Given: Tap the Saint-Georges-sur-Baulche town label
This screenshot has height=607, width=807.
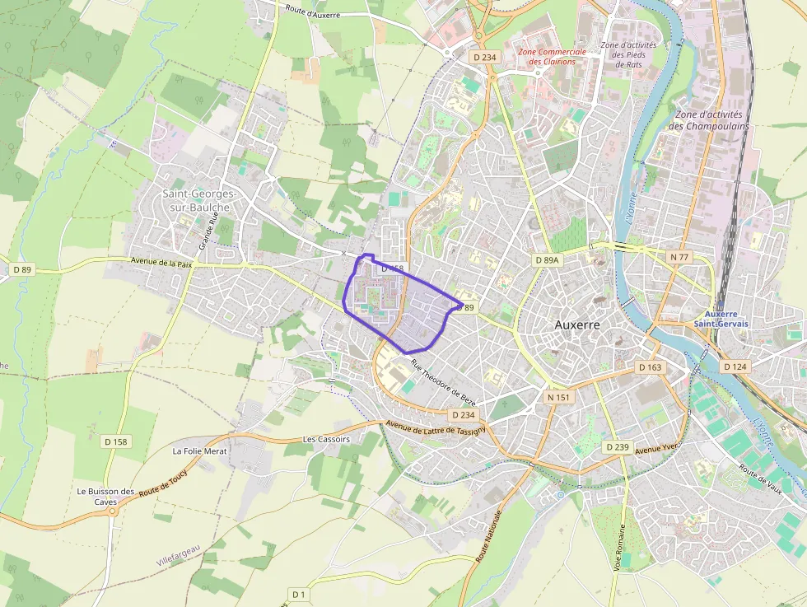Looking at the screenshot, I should (x=199, y=200).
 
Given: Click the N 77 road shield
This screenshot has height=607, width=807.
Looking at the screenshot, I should (x=679, y=257).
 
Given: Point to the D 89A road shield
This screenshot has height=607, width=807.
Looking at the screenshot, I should (x=546, y=260).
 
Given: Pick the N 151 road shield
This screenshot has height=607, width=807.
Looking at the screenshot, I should (x=558, y=397).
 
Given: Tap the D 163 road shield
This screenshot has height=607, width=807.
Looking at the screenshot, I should (x=650, y=367).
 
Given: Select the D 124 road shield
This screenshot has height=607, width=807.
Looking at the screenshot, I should (x=735, y=366).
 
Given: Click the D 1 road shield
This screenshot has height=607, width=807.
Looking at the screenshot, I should (x=298, y=594).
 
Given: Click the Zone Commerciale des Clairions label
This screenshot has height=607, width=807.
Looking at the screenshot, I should (x=551, y=56).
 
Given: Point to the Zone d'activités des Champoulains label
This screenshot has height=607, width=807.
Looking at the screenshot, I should (x=708, y=120).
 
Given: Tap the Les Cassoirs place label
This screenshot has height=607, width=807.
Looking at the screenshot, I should (x=326, y=439).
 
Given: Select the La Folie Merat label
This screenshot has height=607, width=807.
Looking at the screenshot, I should (x=198, y=451).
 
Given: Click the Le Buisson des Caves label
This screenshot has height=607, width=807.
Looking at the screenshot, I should (x=105, y=496).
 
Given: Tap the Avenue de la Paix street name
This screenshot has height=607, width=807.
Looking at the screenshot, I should (x=161, y=262).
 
